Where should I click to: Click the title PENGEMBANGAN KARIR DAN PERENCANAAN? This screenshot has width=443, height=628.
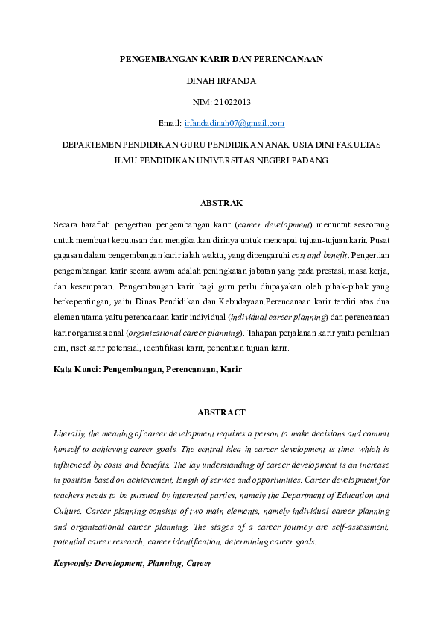coord(221,57)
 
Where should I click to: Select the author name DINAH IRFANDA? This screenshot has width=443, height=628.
coord(221,79)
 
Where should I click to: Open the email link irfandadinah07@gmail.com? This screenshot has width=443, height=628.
coord(235,122)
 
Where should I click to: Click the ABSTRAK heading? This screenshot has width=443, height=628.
coord(221,203)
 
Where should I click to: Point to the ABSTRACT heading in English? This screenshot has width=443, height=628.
coord(221,412)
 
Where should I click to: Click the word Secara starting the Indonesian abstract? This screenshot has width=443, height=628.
coord(68,224)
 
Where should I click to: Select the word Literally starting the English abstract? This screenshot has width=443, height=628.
coord(71,433)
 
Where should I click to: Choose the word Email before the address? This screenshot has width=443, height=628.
coord(170,122)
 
